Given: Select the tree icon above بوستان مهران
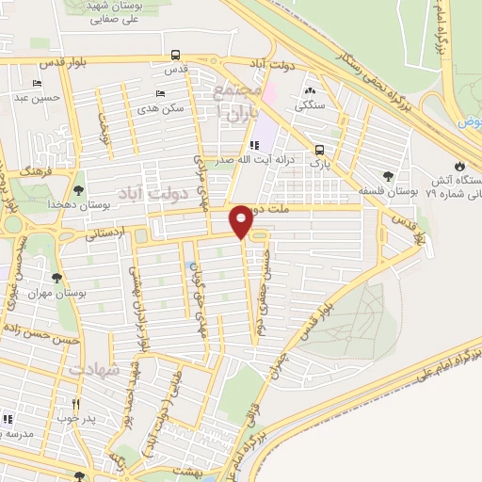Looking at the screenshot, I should point(58,277).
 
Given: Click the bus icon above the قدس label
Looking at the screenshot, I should point(172,55).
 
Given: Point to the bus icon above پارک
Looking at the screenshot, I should point(320,150).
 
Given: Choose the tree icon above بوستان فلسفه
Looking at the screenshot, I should point(388,175).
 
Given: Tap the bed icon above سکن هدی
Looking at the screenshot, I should point(160,94).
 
